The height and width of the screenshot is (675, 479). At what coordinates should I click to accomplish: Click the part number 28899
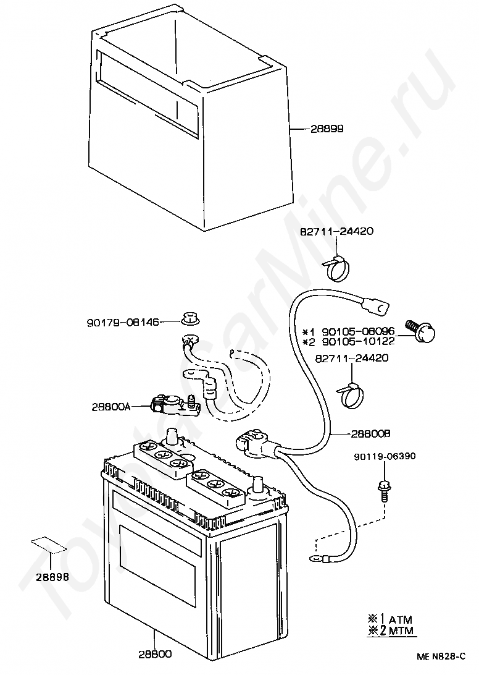click(327, 129)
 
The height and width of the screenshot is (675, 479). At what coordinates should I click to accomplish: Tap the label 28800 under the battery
click(155, 653)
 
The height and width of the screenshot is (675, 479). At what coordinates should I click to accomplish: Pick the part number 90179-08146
click(122, 322)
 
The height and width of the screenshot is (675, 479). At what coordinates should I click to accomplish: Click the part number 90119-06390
click(385, 457)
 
